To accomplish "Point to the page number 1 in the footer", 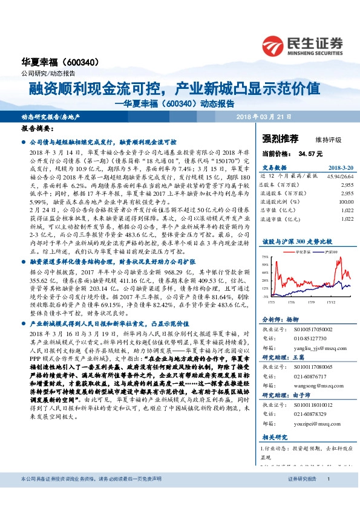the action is point(328,496).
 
